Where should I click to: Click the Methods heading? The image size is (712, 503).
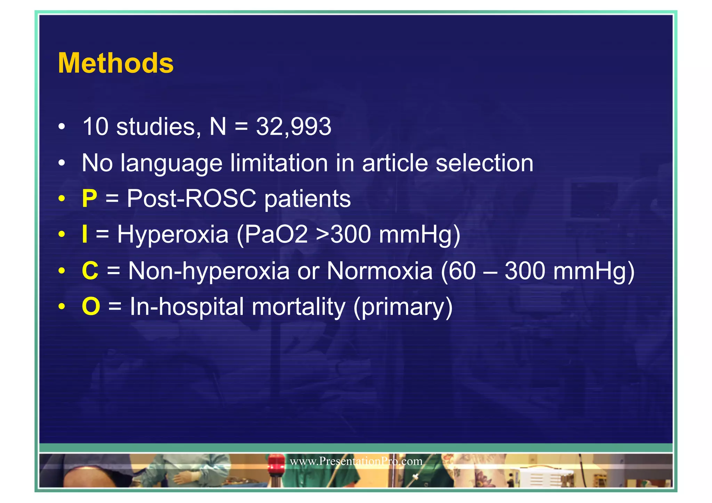[116, 63]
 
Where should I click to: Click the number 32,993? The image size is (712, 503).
[294, 126]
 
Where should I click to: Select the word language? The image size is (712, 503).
[171, 163]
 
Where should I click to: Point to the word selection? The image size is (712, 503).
[484, 163]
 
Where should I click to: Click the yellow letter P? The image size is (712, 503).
[89, 199]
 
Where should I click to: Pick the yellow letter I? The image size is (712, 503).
[84, 234]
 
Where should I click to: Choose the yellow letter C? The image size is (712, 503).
[90, 271]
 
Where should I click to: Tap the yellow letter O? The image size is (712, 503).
[91, 307]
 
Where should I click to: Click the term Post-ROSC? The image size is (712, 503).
[192, 199]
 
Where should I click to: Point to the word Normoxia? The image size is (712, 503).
[380, 271]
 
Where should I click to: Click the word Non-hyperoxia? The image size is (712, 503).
[209, 271]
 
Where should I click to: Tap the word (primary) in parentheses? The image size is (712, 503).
[403, 307]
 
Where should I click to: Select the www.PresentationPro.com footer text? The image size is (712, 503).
[356, 461]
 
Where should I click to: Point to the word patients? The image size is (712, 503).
[307, 199]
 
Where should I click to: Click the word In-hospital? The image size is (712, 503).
[187, 307]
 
